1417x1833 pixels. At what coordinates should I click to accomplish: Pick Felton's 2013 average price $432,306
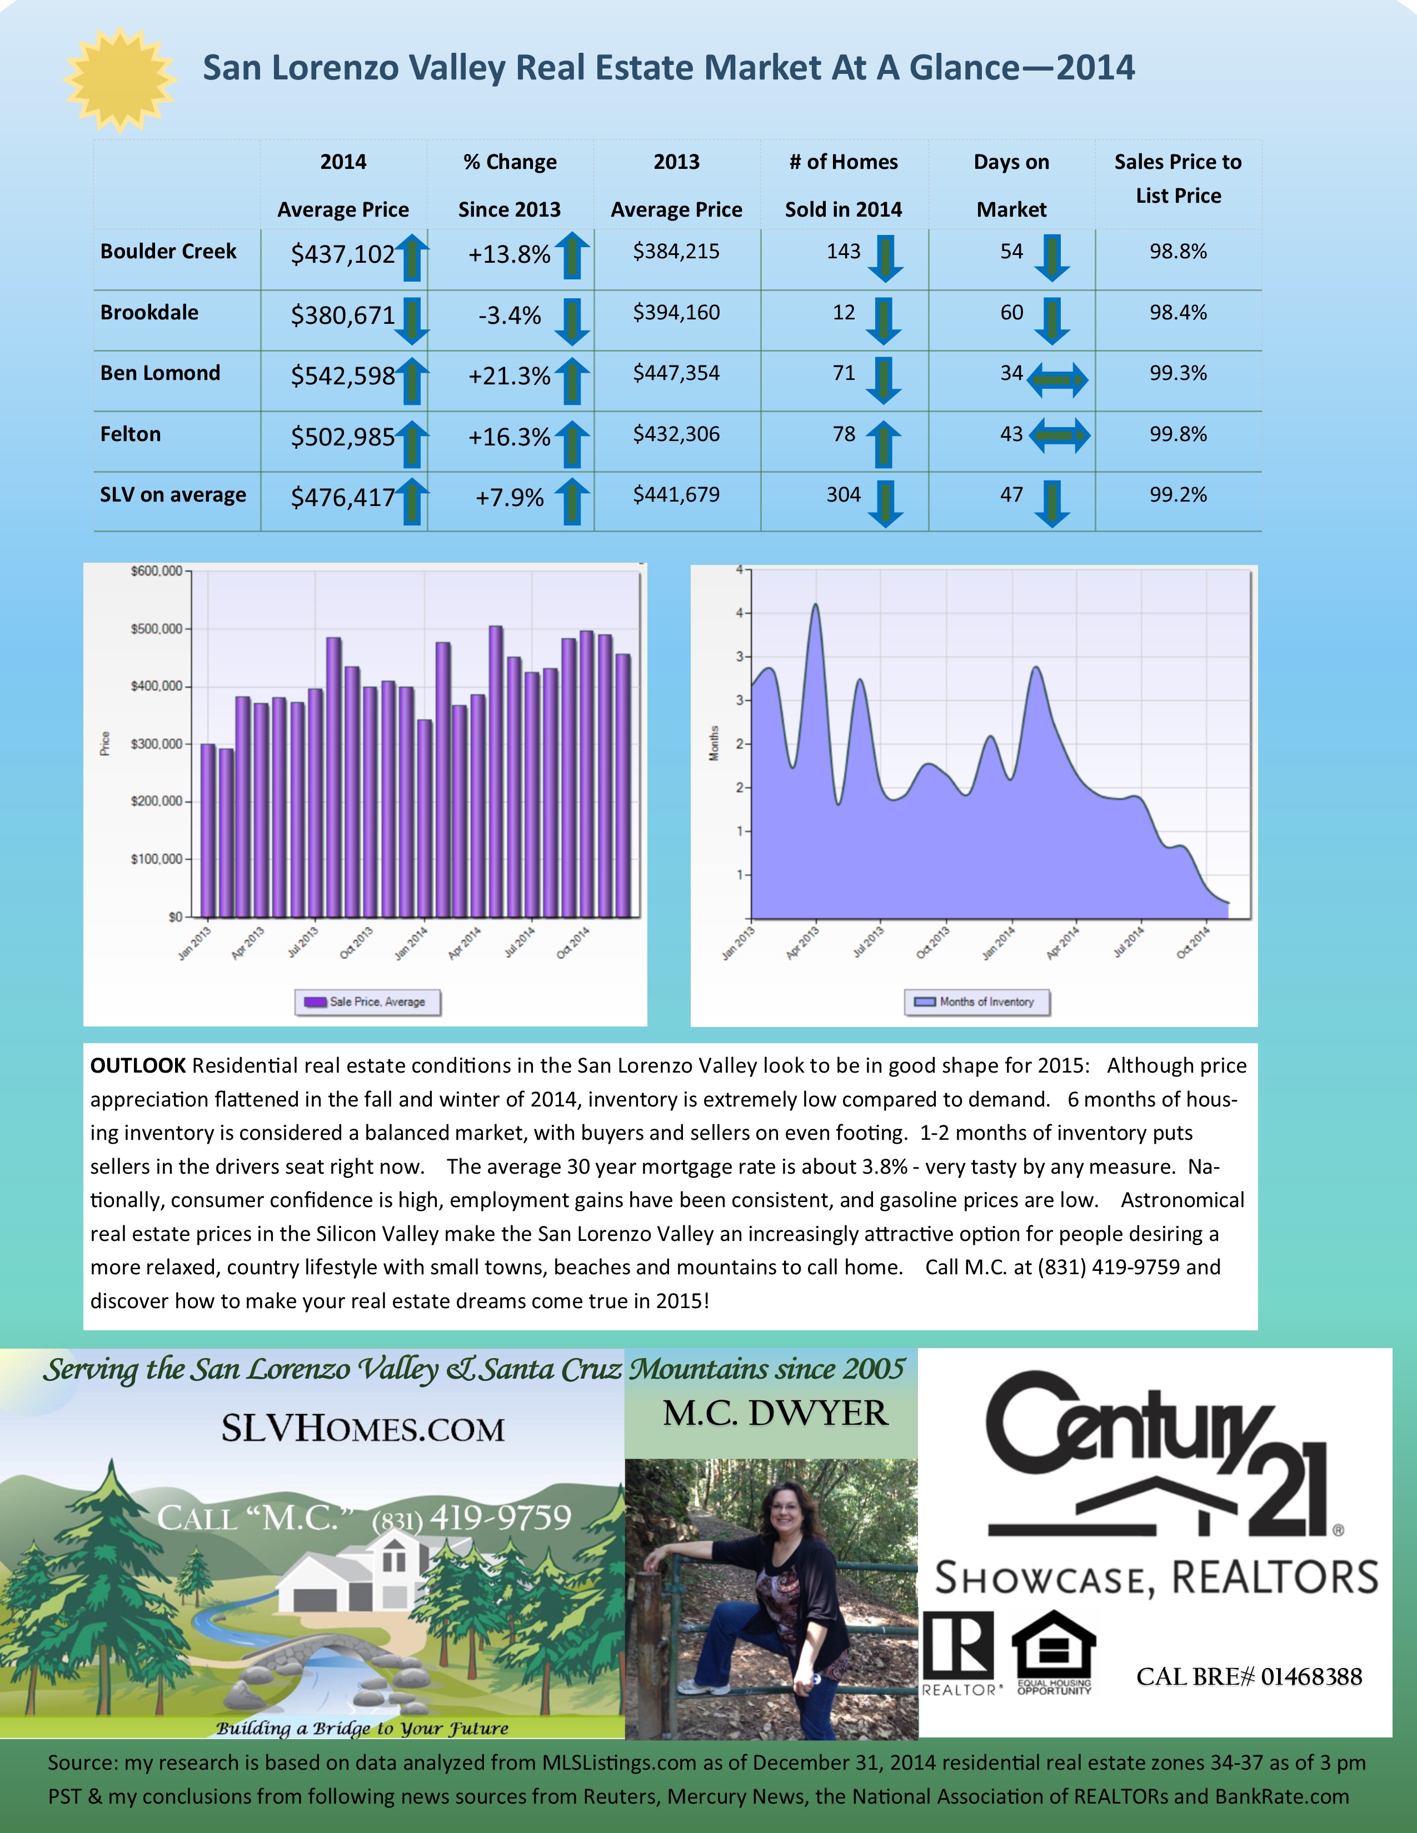tap(676, 434)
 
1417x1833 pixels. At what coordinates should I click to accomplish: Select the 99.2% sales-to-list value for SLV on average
tap(1177, 494)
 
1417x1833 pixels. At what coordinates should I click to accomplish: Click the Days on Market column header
tap(1011, 186)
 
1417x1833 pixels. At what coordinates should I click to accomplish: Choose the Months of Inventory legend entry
tap(976, 1001)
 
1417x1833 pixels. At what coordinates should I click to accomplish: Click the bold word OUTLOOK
tap(138, 1066)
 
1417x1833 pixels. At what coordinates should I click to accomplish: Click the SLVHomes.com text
tap(363, 1429)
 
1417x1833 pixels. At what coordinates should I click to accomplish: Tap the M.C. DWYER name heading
tap(775, 1414)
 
